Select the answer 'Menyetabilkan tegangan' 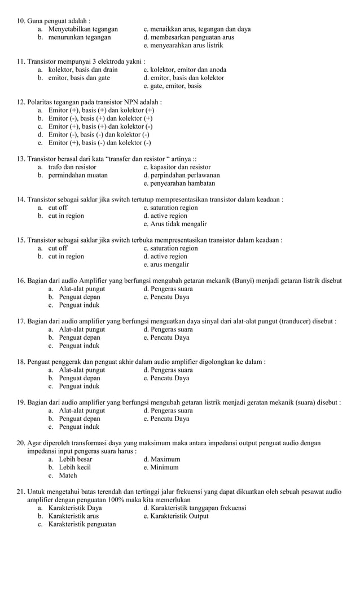(x=83, y=29)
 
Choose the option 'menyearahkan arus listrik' (x=183, y=46)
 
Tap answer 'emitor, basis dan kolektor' (x=184, y=78)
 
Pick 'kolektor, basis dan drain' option (x=83, y=70)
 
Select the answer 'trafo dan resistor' (x=72, y=167)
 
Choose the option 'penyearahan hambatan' (x=179, y=183)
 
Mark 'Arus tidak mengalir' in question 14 (x=175, y=224)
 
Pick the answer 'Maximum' (x=162, y=459)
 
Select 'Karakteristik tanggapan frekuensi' (x=195, y=508)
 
